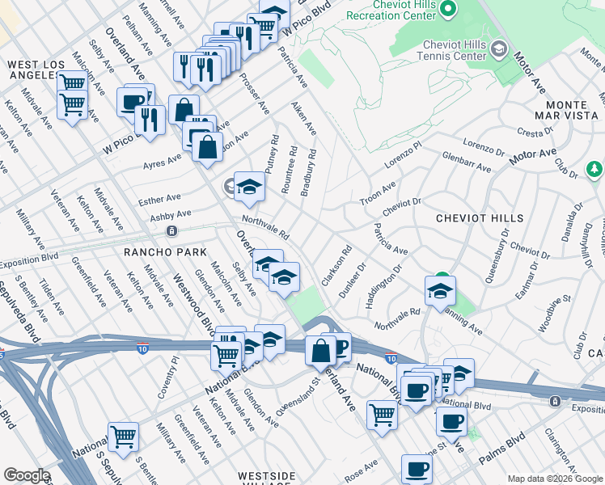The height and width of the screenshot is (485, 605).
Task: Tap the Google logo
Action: [x=27, y=475]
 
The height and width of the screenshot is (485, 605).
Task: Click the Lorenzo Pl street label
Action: [x=403, y=155]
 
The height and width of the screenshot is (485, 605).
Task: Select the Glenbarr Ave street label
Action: [x=467, y=162]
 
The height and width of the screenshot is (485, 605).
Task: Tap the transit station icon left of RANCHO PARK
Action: [x=171, y=231]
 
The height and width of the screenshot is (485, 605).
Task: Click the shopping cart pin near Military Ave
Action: [x=124, y=436]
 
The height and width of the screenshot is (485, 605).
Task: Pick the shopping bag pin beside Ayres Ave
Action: [x=208, y=147]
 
